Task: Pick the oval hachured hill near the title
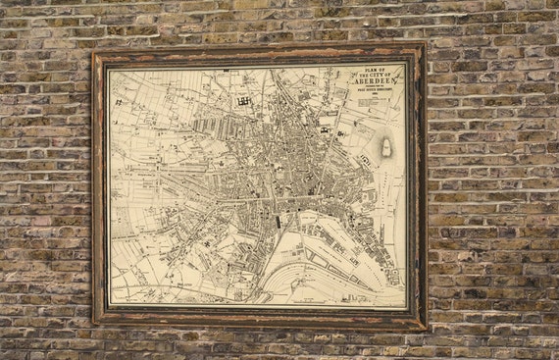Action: [387, 147]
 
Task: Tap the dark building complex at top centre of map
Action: [242, 99]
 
